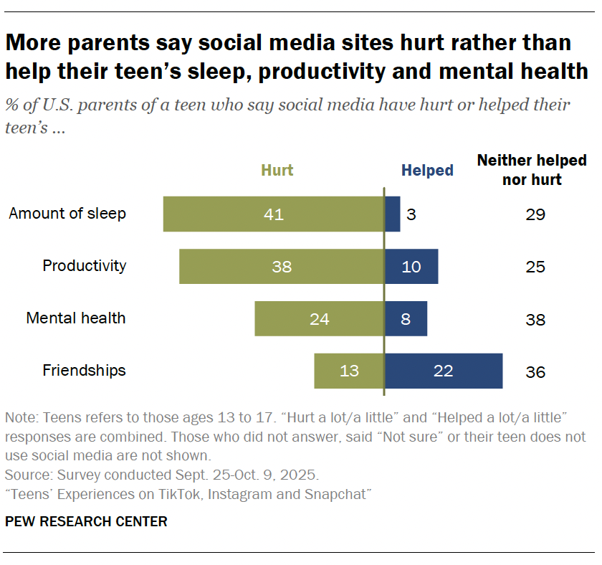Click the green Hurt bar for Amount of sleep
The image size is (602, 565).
274,214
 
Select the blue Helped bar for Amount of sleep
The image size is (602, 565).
392,214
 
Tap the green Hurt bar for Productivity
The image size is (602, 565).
282,266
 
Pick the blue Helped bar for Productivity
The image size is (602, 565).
411,266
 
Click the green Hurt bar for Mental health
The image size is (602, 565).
320,318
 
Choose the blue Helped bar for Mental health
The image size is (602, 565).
406,318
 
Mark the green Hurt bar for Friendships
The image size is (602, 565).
349,371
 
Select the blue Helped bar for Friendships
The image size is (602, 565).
444,371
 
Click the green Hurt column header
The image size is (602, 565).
277,171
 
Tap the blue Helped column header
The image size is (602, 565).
427,171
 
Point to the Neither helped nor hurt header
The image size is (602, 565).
532,170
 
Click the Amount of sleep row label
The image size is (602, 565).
67,214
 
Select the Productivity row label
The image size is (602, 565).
84,266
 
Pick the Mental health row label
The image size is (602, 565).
76,318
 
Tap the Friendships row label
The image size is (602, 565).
84,371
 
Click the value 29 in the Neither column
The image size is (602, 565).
535,214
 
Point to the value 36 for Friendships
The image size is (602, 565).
535,372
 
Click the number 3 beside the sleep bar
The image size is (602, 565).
411,214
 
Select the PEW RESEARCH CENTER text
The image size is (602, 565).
86,521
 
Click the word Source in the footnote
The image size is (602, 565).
24,475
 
